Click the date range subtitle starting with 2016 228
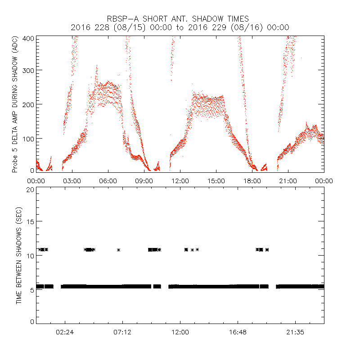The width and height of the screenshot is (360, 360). pos(180,27)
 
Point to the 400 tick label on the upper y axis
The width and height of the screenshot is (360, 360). pos(29,38)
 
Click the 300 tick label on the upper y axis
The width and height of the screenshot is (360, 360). pos(29,70)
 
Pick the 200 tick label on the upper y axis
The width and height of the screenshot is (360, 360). pos(29,104)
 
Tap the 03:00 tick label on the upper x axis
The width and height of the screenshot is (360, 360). pos(72,181)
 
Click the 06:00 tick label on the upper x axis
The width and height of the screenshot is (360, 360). pos(108,181)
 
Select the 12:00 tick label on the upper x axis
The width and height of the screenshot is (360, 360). pos(180,181)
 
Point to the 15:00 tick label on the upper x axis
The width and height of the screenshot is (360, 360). pos(216,181)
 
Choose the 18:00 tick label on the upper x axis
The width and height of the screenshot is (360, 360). pos(252,181)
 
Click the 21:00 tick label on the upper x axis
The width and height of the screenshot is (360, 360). pos(288,181)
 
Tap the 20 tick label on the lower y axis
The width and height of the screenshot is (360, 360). pos(31,189)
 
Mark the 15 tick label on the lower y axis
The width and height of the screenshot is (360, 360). pos(31,221)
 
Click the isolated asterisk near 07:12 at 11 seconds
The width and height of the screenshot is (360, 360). pos(118,250)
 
